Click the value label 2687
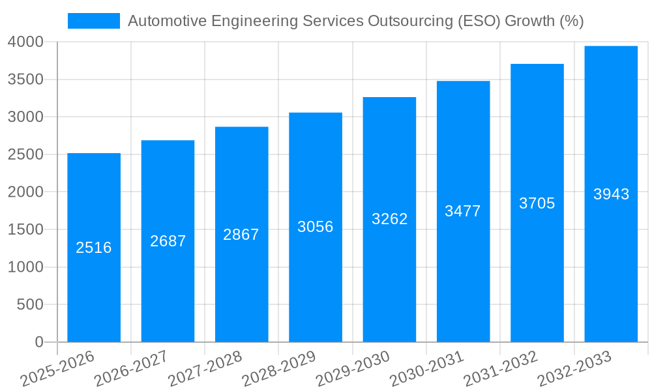pos(168,241)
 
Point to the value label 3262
pos(389,219)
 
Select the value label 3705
pos(537,203)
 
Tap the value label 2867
pos(241,235)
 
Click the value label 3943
pos(611,194)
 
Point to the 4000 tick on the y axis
pos(25,42)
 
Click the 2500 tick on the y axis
pos(25,155)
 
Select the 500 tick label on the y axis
pos(30,305)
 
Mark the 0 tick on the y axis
pos(39,342)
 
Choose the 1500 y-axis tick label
pos(25,230)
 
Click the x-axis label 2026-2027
pos(131,368)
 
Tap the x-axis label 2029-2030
pos(353,368)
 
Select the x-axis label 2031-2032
pos(501,368)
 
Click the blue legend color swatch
pos(94,21)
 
